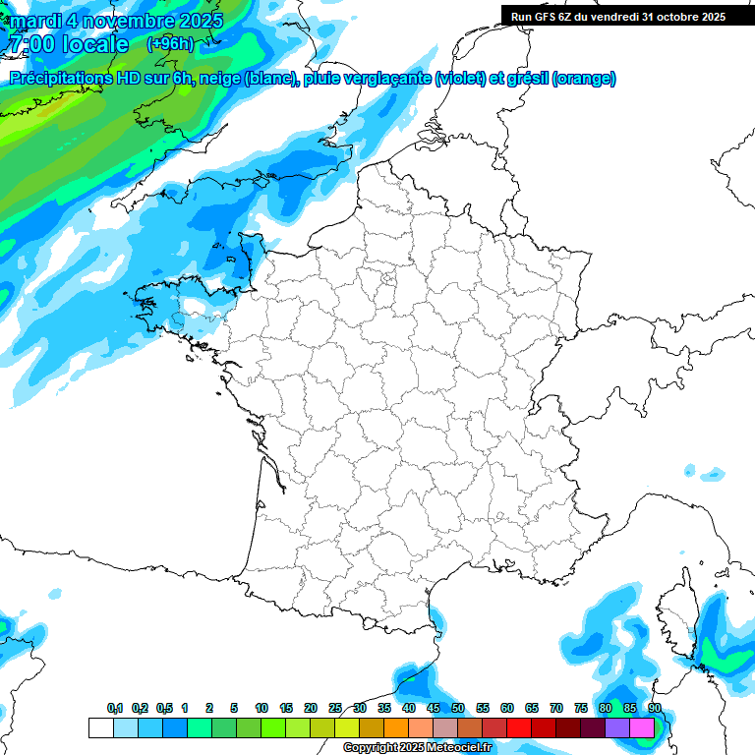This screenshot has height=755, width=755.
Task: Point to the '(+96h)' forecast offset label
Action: pyautogui.click(x=169, y=44)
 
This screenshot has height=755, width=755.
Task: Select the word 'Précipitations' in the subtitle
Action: pyautogui.click(x=57, y=79)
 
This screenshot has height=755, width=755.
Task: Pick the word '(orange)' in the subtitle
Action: pyautogui.click(x=585, y=79)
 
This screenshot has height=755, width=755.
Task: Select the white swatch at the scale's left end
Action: pyautogui.click(x=100, y=727)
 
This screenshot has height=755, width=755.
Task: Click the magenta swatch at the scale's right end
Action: pyautogui.click(x=642, y=727)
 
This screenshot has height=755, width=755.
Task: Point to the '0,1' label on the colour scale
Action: pyautogui.click(x=115, y=709)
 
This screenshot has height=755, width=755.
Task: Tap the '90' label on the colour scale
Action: pyautogui.click(x=654, y=709)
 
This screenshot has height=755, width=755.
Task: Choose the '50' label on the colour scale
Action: pyautogui.click(x=458, y=709)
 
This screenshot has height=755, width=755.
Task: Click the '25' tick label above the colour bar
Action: pyautogui.click(x=335, y=709)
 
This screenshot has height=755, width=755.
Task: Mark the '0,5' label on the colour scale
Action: pyautogui.click(x=163, y=709)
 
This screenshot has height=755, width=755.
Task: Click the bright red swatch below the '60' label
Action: pyautogui.click(x=519, y=727)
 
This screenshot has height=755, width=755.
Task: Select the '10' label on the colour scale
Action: pyautogui.click(x=261, y=709)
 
